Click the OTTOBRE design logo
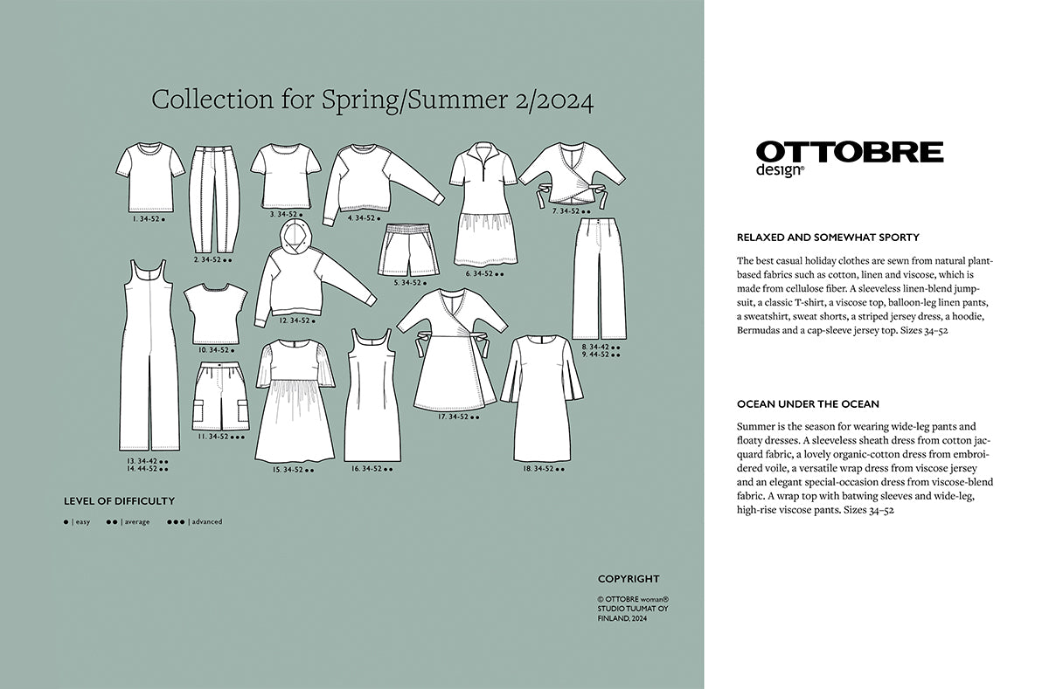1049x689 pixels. (849, 157)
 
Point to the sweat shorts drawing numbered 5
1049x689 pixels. (409, 250)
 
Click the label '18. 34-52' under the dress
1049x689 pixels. (537, 469)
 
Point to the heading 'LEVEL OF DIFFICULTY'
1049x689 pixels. (119, 501)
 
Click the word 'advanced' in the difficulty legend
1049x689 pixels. (207, 522)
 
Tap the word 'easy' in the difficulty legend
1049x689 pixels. (82, 522)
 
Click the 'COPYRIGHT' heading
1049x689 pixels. (629, 579)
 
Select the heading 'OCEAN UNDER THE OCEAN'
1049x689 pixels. (808, 404)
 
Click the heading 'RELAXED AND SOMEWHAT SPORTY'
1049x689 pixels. (828, 238)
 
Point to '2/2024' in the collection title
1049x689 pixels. (551, 100)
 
